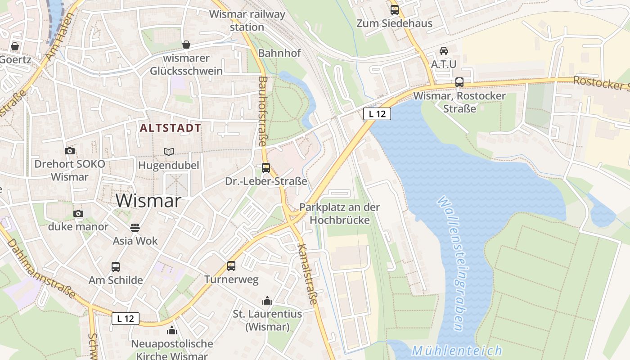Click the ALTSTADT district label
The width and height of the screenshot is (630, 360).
(x=170, y=128)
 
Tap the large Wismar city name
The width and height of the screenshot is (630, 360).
(x=148, y=201)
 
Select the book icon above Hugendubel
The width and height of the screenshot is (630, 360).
(x=168, y=152)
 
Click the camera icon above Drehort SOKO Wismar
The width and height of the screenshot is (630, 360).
(x=70, y=151)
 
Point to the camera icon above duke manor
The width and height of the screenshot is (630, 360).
(x=78, y=213)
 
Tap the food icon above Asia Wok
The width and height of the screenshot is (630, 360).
(x=135, y=227)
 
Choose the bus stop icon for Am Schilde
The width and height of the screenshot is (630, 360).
(x=116, y=266)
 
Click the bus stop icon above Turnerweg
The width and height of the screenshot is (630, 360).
(x=231, y=265)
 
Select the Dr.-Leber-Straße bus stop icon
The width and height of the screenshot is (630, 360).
(x=266, y=168)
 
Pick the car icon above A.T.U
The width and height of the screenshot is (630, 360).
(x=444, y=50)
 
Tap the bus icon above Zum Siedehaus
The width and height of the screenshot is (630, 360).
(x=395, y=9)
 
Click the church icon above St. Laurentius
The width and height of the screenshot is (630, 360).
(x=267, y=301)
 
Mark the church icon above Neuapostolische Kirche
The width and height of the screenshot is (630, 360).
(x=172, y=331)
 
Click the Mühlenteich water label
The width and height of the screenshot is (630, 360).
(x=457, y=351)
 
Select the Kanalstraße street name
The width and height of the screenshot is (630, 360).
(x=308, y=274)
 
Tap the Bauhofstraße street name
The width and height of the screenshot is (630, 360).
(x=262, y=111)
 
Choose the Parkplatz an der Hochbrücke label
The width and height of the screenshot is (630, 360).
(x=339, y=214)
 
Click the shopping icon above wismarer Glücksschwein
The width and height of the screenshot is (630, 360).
(x=186, y=45)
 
